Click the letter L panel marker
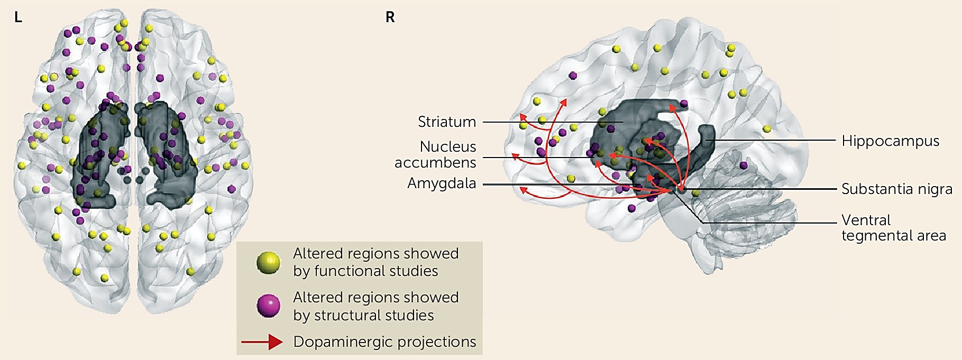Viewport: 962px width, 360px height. pos(18,17)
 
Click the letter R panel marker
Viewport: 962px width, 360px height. pos(390,17)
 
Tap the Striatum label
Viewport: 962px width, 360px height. pos(447,122)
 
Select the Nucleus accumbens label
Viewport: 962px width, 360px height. pos(435,154)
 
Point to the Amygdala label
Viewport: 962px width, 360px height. pos(442,183)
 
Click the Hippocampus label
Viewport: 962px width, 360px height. pos(891,141)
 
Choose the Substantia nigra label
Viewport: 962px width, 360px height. pos(897,189)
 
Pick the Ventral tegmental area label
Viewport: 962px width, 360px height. pos(894,228)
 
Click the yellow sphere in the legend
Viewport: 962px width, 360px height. pos(268,263)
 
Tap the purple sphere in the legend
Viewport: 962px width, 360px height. pos(268,306)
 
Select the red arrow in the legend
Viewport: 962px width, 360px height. pos(262,342)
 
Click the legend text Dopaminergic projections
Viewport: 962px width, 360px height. pos(384,342)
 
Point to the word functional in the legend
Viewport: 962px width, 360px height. pos(365,271)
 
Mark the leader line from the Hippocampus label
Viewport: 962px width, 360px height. pos(777,140)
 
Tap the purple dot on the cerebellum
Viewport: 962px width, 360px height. pos(744,165)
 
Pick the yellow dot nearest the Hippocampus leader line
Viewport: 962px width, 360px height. pos(767,128)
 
